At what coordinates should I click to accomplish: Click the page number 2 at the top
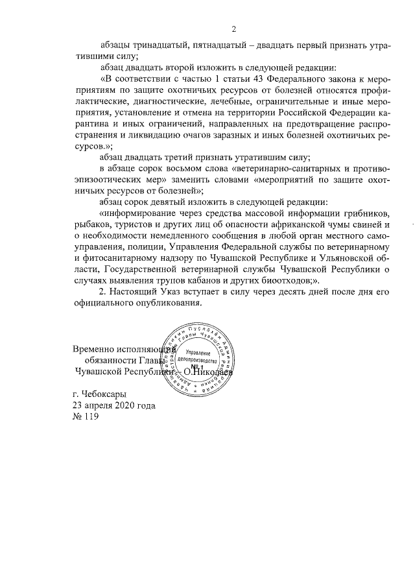point(234,28)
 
